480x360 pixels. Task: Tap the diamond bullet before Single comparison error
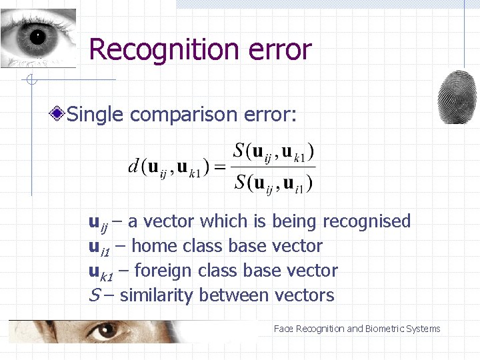pos(59,114)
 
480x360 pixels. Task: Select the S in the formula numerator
pos(239,151)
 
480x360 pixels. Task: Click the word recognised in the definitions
pos(367,221)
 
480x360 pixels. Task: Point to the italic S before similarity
pos(93,295)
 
